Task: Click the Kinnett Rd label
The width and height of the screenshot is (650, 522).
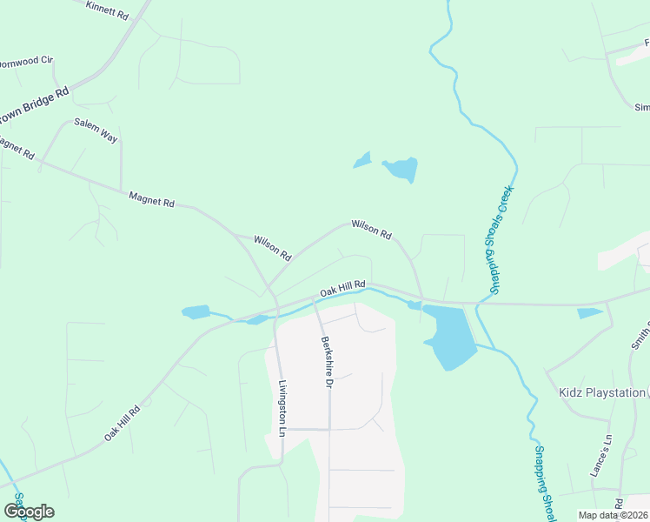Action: click(x=108, y=10)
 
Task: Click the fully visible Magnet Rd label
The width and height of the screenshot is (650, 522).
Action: click(x=151, y=199)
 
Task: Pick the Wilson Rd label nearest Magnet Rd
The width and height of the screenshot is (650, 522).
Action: click(x=272, y=247)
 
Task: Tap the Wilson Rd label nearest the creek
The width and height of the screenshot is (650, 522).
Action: click(x=371, y=230)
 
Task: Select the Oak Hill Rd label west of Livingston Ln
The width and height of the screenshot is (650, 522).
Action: click(x=123, y=423)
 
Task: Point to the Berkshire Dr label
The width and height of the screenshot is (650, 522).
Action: click(x=328, y=362)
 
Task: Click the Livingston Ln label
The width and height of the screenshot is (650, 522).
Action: click(x=282, y=407)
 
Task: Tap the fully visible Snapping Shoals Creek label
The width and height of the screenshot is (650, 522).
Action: click(x=495, y=239)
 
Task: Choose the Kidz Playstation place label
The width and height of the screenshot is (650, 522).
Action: click(x=602, y=393)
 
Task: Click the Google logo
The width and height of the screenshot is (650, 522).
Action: click(x=29, y=512)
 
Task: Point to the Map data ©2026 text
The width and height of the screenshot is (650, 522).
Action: click(x=613, y=515)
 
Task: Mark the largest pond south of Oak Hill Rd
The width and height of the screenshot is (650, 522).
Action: click(x=449, y=336)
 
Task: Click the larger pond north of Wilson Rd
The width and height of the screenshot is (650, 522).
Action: click(x=401, y=169)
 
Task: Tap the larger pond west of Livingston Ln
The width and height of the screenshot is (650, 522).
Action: click(x=196, y=311)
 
